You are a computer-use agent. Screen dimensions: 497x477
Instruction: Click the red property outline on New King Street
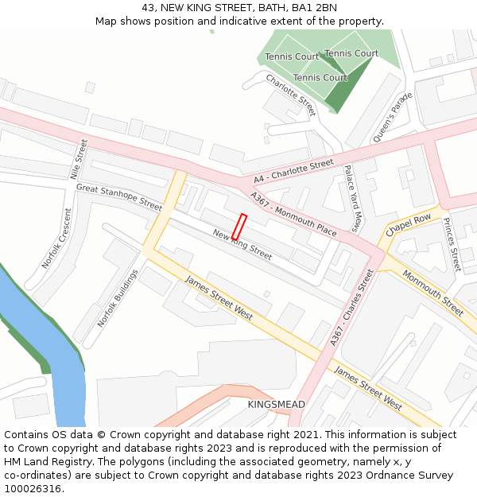(238, 227)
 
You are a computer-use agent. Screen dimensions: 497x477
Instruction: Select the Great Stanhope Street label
(118, 197)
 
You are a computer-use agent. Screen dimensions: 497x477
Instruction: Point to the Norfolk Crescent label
(56, 239)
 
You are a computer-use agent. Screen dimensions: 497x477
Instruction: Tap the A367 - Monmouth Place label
(293, 213)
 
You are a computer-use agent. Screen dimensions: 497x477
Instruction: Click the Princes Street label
(451, 244)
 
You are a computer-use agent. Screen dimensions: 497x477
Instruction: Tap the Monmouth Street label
(432, 293)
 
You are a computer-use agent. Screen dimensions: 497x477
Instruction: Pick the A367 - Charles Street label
(351, 308)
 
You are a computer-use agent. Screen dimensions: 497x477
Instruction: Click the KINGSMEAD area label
(276, 405)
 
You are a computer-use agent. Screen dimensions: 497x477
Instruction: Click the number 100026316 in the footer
(32, 489)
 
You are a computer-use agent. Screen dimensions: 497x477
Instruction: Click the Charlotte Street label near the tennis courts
(291, 95)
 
